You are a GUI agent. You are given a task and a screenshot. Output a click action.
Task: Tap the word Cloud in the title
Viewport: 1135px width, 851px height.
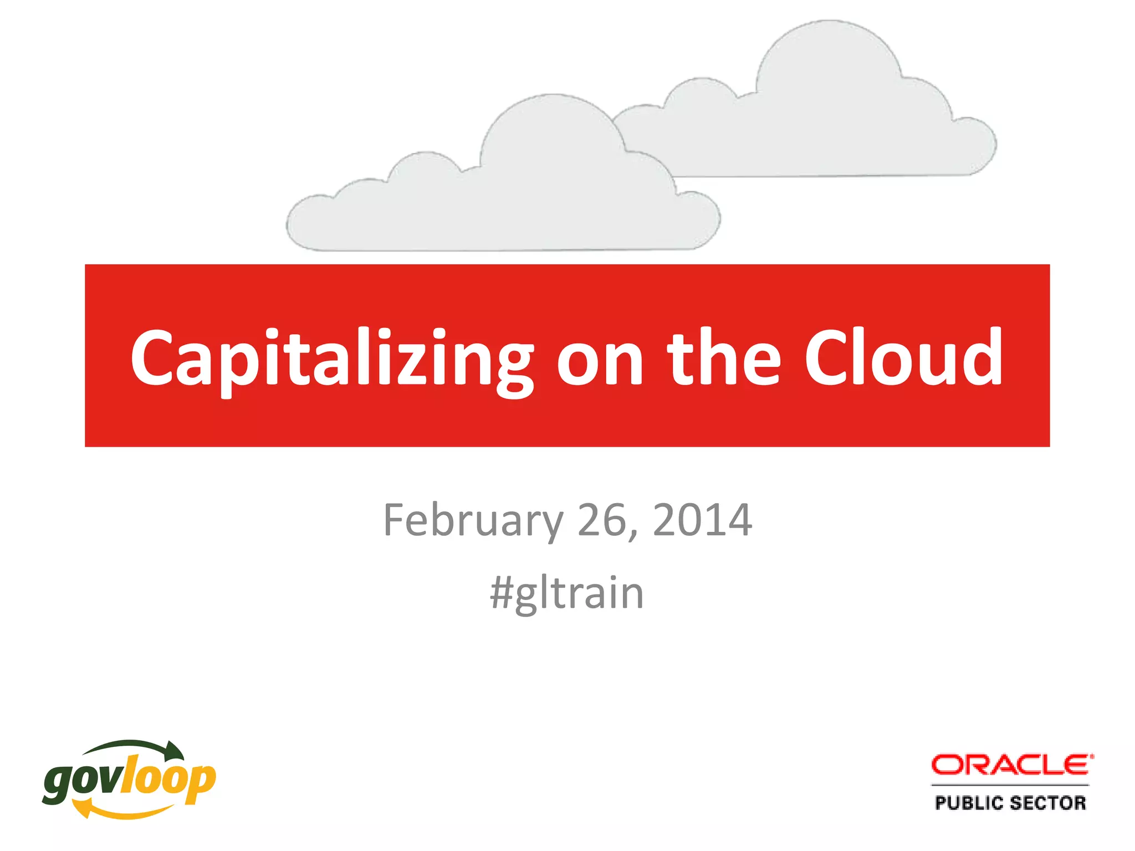click(x=903, y=357)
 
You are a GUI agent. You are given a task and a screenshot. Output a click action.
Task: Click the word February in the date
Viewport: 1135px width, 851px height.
click(x=473, y=521)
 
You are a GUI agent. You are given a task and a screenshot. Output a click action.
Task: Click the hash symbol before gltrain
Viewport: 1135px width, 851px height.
click(x=502, y=593)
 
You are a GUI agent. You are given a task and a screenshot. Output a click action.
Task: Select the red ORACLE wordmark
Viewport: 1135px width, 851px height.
click(x=1012, y=765)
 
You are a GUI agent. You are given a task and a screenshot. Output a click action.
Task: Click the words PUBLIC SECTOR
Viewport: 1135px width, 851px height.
click(x=1010, y=803)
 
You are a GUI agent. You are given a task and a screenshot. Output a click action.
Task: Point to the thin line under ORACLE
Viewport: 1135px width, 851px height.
click(x=1010, y=785)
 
